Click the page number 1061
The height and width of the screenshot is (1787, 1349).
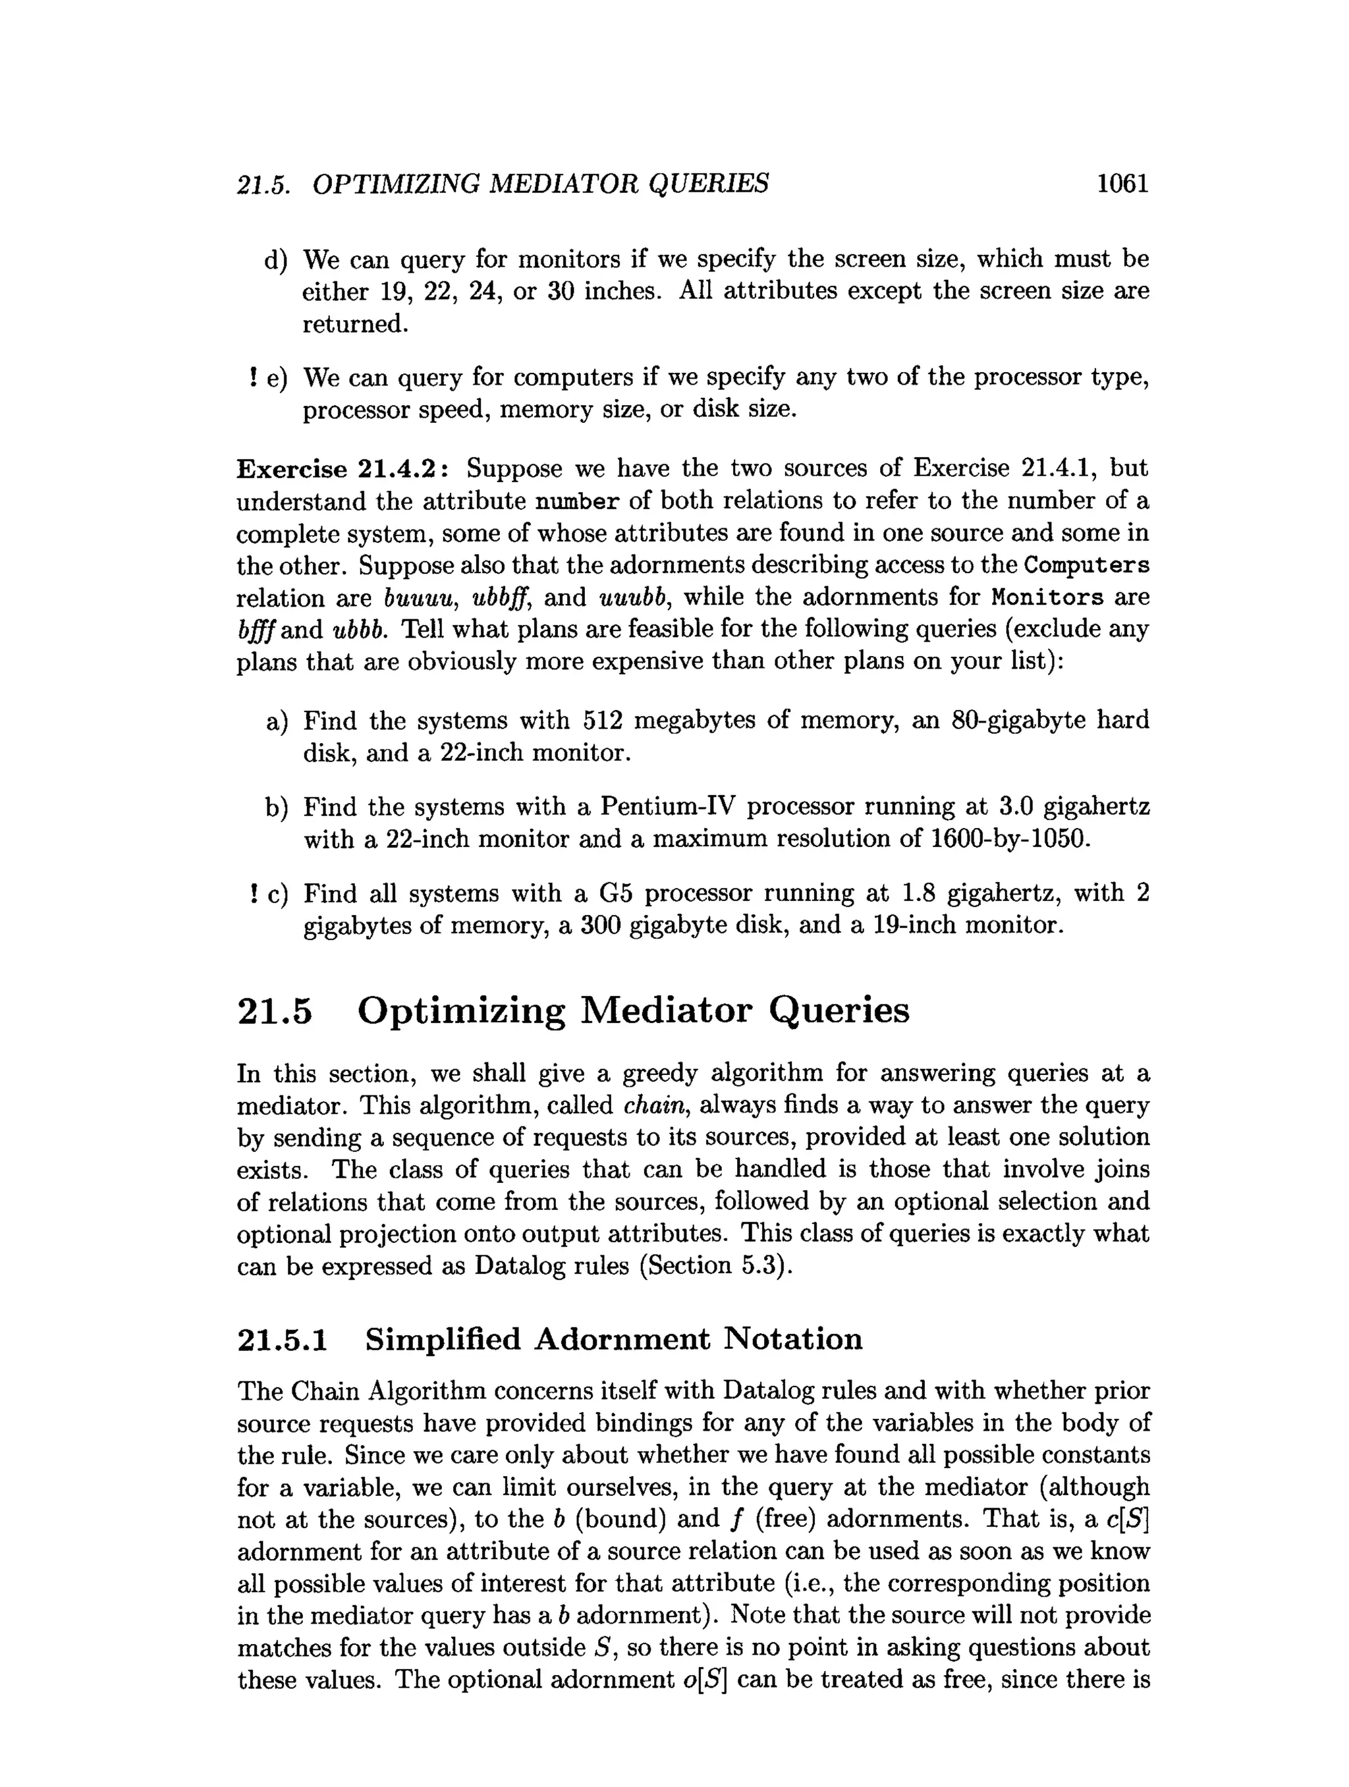click(x=1121, y=184)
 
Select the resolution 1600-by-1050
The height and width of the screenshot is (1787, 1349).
click(x=1010, y=839)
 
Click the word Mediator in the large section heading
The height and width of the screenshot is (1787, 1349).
click(x=666, y=1010)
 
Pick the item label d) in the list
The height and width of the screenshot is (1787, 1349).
click(x=275, y=260)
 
